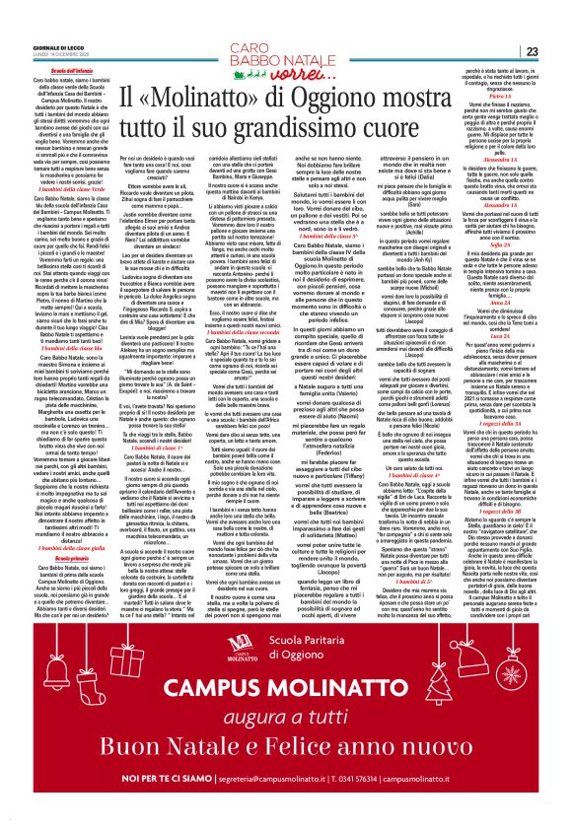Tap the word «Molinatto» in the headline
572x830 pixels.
click(203, 94)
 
